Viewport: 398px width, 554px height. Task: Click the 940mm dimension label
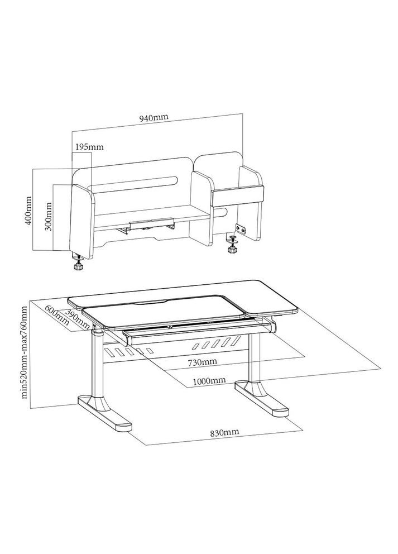coord(154,118)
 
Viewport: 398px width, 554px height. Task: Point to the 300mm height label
coord(49,216)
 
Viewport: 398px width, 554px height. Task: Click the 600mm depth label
coord(56,315)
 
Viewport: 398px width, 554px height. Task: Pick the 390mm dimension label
coord(78,318)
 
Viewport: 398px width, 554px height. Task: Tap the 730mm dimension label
coord(202,362)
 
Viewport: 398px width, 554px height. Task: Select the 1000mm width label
coord(209,380)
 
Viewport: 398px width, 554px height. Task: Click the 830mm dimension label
coord(224,432)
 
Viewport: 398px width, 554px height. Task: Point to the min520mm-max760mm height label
coord(24,352)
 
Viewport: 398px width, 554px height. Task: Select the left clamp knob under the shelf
coord(78,262)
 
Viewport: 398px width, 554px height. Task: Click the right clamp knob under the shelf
coord(232,245)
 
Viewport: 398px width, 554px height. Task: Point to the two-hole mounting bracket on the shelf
coord(242,229)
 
